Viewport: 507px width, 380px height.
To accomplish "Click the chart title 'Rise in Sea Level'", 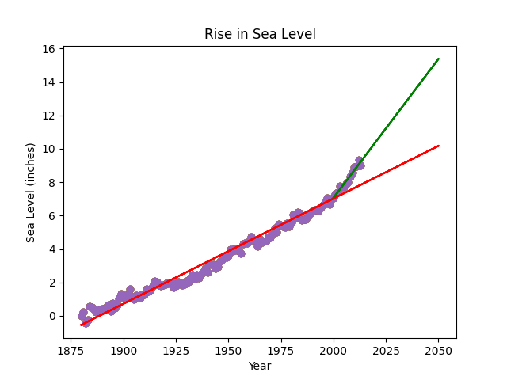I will [x=260, y=34].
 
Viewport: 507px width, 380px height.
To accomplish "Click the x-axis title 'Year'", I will [x=260, y=366].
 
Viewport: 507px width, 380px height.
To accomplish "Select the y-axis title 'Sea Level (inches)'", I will [x=31, y=192].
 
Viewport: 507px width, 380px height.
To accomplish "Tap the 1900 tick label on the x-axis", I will [x=124, y=349].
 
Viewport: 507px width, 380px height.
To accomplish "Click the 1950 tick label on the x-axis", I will [x=228, y=349].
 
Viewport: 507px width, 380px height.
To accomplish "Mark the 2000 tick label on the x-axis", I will [x=334, y=349].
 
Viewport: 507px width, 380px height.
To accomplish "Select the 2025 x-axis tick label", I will [x=386, y=349].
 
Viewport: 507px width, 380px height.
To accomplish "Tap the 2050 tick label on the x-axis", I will [x=438, y=349].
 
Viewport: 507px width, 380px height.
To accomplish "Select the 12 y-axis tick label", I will [x=48, y=116].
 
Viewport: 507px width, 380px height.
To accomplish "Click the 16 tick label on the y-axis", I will [x=48, y=49].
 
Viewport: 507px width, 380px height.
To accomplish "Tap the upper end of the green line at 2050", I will [x=438, y=59].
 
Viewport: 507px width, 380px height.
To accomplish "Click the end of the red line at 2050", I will [x=438, y=146].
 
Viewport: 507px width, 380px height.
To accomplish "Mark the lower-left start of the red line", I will [x=82, y=325].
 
